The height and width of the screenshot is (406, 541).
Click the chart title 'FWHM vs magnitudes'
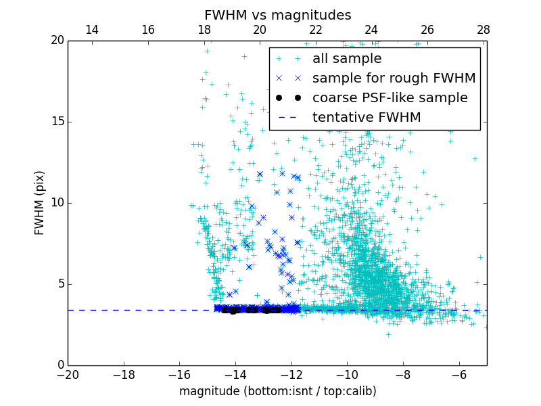pyautogui.click(x=277, y=15)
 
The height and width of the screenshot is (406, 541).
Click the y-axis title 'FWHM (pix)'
pyautogui.click(x=40, y=202)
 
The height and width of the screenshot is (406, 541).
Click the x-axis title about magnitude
pyautogui.click(x=277, y=391)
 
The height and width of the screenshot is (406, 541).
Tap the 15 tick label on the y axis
pyautogui.click(x=57, y=122)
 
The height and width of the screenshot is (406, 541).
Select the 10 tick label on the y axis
pyautogui.click(x=57, y=203)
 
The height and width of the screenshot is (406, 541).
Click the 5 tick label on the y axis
pyautogui.click(x=60, y=284)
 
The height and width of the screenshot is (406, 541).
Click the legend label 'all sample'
pyautogui.click(x=347, y=59)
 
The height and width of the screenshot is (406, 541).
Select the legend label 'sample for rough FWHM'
pyautogui.click(x=394, y=78)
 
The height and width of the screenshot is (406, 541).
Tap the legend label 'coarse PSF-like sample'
pyautogui.click(x=390, y=98)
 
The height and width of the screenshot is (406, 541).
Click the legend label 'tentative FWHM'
pyautogui.click(x=366, y=118)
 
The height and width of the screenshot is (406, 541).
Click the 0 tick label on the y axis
pyautogui.click(x=60, y=365)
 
